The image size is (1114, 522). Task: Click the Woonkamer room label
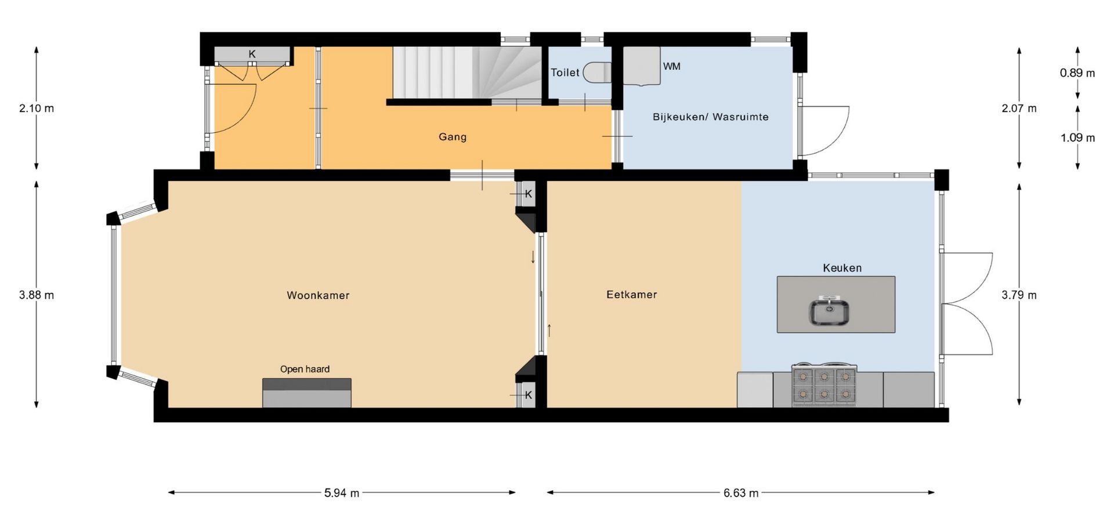click(x=318, y=295)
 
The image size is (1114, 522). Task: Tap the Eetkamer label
click(x=632, y=295)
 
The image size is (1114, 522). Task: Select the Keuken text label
click(x=842, y=268)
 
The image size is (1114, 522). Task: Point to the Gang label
click(x=453, y=137)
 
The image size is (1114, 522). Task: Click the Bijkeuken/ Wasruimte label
click(x=711, y=117)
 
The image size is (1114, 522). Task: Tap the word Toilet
click(x=565, y=72)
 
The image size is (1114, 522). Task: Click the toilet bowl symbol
click(x=597, y=73)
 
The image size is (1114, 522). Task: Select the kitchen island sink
click(x=830, y=311)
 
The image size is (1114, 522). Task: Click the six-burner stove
click(x=824, y=385)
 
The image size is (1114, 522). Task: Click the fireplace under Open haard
click(x=307, y=393)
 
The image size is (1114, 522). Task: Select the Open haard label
click(x=305, y=369)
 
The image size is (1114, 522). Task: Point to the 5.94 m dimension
click(x=342, y=493)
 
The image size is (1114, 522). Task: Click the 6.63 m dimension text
click(x=741, y=493)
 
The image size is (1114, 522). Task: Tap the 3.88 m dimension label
click(x=37, y=295)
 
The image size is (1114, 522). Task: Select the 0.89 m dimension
click(x=1077, y=73)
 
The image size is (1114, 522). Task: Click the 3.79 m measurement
click(x=1019, y=295)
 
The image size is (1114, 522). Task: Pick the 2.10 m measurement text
click(x=37, y=108)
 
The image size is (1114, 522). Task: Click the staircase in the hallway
click(x=468, y=73)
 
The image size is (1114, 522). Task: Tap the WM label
click(x=672, y=66)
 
